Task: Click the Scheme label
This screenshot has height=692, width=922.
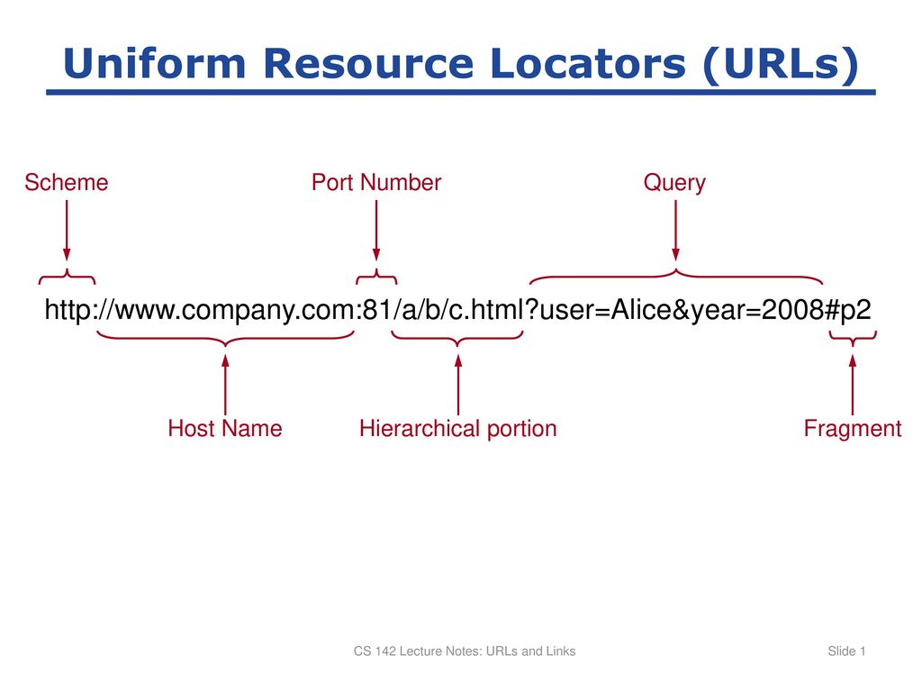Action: click(x=67, y=182)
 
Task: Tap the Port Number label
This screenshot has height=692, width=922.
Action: click(x=376, y=182)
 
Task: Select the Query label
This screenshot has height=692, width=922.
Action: click(x=674, y=183)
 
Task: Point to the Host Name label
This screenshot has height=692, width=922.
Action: click(x=225, y=428)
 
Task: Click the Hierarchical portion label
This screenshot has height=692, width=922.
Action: click(x=458, y=428)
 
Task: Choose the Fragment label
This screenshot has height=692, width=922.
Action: click(x=853, y=429)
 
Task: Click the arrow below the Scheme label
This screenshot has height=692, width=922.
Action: click(x=67, y=230)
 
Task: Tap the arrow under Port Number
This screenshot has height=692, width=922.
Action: click(x=376, y=230)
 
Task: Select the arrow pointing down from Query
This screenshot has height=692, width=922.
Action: click(x=675, y=230)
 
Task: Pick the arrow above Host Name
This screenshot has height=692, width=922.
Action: click(x=225, y=385)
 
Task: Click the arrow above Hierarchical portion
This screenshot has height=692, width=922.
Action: click(x=458, y=385)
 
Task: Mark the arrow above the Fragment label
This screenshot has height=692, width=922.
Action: click(x=853, y=385)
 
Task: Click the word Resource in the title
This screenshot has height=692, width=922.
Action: click(x=368, y=63)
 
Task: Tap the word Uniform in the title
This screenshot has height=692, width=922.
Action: click(x=155, y=63)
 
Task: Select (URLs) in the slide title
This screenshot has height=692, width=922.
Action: click(x=781, y=64)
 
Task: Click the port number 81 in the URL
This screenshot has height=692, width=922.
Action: click(x=377, y=310)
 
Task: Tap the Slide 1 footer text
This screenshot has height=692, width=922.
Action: click(x=846, y=651)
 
